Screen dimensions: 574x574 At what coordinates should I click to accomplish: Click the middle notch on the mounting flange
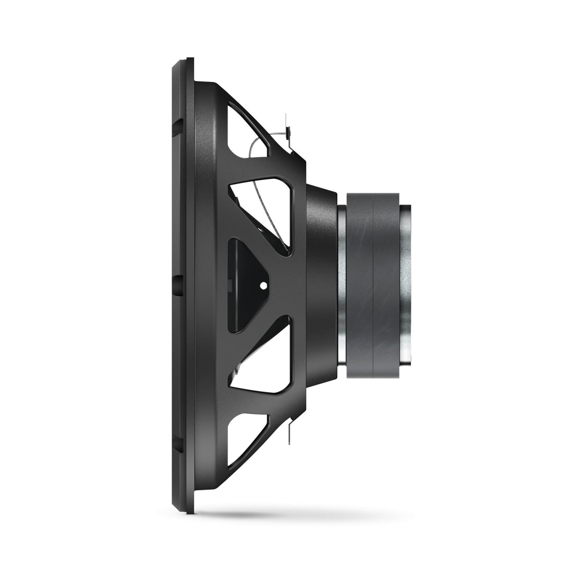[179, 282]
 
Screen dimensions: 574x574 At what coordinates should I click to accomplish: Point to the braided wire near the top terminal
[258, 143]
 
